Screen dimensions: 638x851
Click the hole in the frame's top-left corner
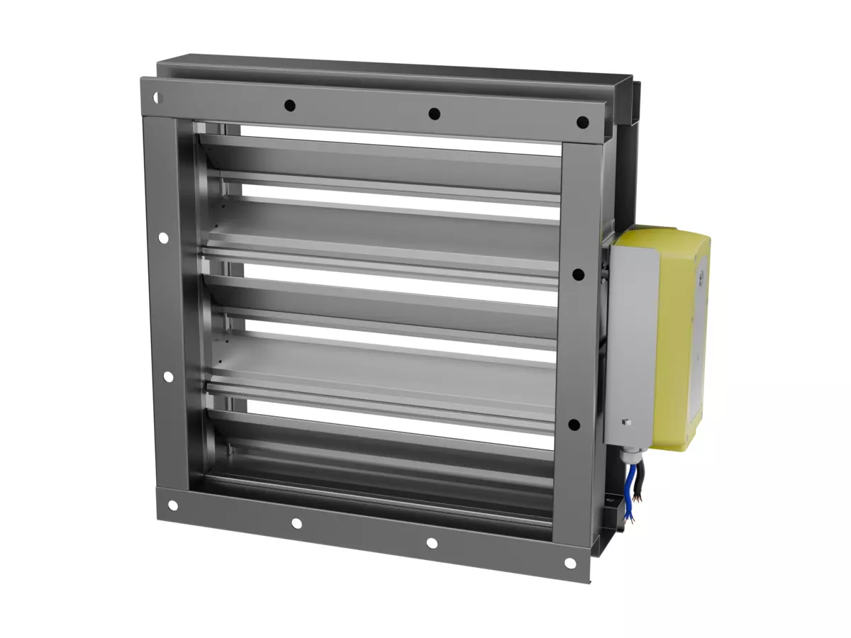157,97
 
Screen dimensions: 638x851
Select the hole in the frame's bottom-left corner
172,505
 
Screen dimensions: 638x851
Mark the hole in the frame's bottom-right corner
569,563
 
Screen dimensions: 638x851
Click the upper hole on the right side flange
578,274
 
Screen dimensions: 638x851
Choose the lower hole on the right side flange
574,425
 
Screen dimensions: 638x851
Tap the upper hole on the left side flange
163,238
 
